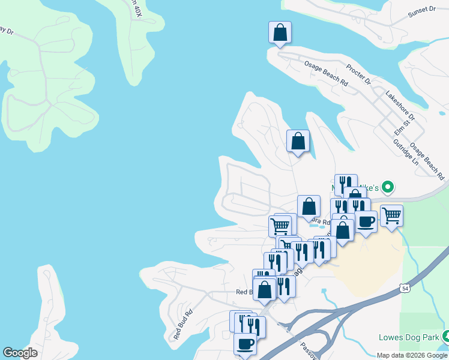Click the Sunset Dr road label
click(421, 10)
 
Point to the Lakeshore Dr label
click(400, 103)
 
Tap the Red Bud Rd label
click(183, 325)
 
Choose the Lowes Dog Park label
click(408, 337)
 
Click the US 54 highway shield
click(406, 289)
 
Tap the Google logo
click(20, 353)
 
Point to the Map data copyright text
click(412, 355)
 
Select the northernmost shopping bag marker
click(280, 32)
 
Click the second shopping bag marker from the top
click(298, 141)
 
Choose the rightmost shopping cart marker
click(391, 215)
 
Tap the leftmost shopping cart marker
click(280, 226)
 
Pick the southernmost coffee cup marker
click(245, 344)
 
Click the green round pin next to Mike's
click(388, 187)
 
